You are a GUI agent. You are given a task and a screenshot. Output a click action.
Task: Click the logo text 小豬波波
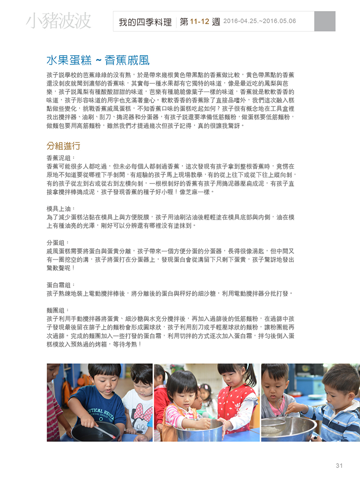point(59,21)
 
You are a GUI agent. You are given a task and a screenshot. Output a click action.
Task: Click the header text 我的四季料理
point(146,22)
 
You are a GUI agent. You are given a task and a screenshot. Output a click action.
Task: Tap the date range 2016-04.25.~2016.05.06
point(260,21)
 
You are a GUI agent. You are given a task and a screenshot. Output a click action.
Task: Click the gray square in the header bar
point(325,21)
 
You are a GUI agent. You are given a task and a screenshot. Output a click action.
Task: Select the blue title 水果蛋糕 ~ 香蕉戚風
point(98,60)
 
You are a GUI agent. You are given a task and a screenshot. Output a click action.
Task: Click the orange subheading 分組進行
point(63,146)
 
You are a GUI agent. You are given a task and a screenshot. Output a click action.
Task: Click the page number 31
point(339,466)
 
